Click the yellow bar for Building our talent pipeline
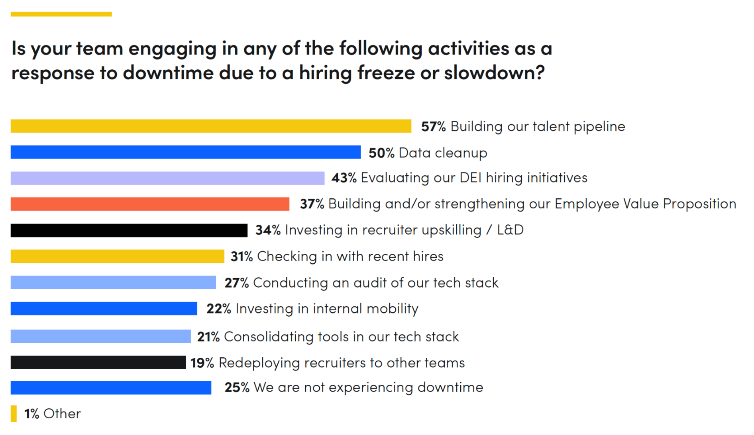210,126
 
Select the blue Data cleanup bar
185,152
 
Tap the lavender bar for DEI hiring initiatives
167,178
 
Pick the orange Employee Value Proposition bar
150,204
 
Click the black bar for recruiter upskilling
129,230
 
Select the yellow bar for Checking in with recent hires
117,256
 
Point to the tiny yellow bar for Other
14,413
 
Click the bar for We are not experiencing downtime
111,388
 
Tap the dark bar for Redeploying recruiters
98,362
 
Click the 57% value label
433,127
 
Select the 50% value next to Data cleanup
381,153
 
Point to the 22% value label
218,309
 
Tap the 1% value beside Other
31,414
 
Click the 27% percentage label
236,283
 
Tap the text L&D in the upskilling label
510,230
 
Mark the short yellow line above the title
61,14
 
